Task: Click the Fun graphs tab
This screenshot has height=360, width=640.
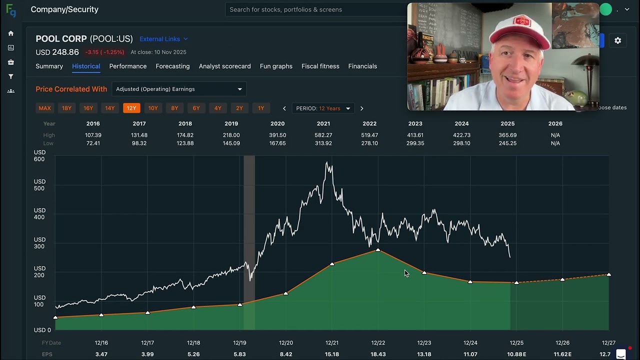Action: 276,66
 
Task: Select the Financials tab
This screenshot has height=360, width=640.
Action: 362,66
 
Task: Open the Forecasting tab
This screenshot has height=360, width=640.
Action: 172,66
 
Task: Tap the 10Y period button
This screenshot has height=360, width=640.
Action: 153,108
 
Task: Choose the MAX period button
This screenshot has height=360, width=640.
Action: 44,108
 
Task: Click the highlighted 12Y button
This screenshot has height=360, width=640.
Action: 131,108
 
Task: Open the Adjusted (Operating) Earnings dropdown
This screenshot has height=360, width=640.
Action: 179,89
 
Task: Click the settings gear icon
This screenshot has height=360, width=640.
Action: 617,40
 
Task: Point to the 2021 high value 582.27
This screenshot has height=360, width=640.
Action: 323,135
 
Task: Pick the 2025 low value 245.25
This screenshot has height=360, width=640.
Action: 507,143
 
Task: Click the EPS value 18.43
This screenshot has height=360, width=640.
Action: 378,354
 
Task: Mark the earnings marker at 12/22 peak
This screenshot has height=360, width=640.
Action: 378,250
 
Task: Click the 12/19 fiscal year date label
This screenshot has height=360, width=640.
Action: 239,342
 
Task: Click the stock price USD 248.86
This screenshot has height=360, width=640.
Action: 57,52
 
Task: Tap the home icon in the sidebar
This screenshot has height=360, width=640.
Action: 11,33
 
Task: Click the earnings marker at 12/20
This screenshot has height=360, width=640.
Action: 286,293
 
